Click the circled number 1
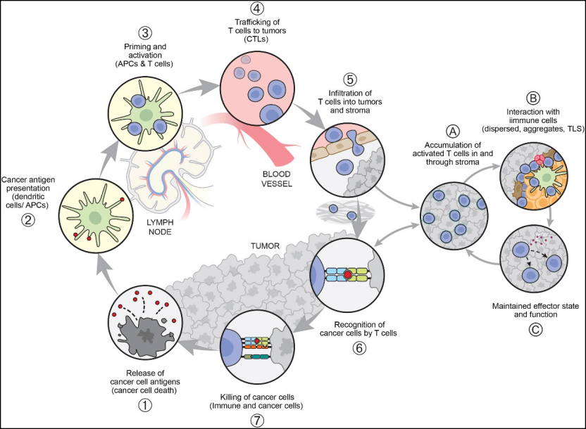(x=145, y=405)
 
